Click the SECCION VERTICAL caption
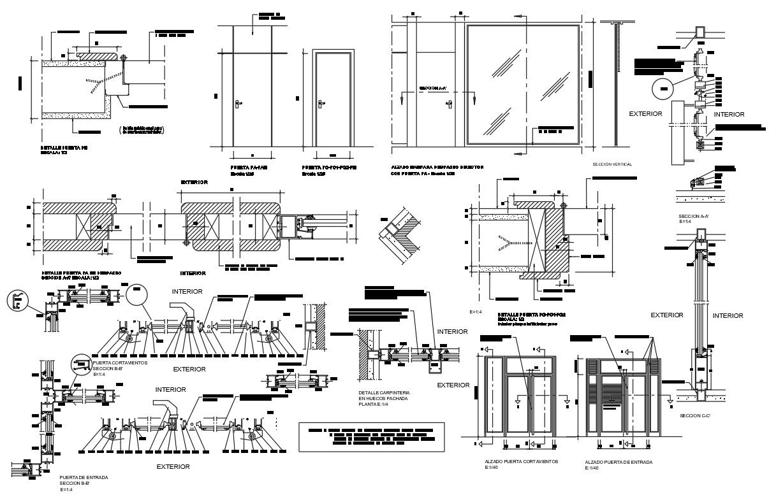[x=612, y=164]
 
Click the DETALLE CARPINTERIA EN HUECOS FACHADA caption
[x=383, y=398]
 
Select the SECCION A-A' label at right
[x=694, y=217]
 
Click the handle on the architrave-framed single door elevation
[x=321, y=101]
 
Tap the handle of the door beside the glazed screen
[x=450, y=102]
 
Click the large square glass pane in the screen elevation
[x=523, y=84]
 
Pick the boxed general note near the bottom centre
[x=368, y=436]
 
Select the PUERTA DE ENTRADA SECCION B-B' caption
[x=84, y=481]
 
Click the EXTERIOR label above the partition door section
[x=194, y=182]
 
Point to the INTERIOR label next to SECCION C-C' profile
[x=728, y=315]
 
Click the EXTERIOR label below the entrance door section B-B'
[x=173, y=466]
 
